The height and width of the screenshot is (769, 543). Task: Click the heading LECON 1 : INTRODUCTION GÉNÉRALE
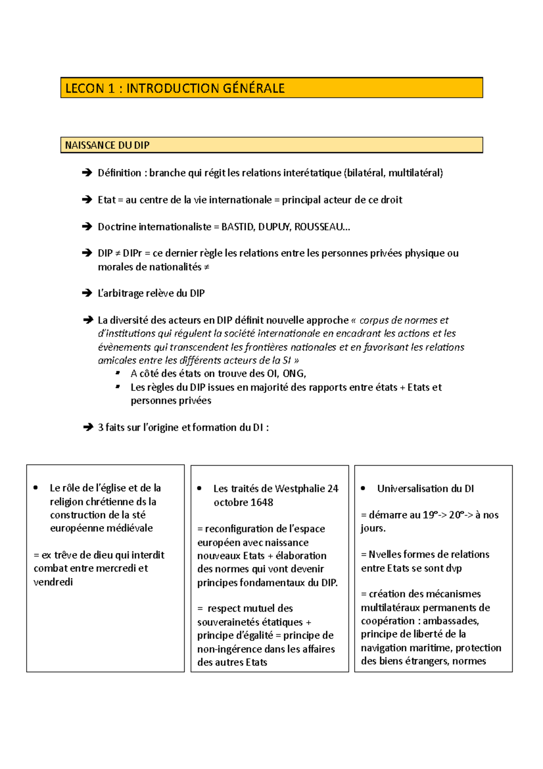coord(175,88)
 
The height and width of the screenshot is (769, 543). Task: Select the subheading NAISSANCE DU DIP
coord(107,145)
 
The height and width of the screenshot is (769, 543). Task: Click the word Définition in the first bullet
coord(119,173)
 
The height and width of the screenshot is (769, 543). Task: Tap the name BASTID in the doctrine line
coord(238,227)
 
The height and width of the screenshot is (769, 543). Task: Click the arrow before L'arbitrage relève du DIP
coord(87,293)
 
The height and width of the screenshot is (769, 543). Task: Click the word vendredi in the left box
coord(53,582)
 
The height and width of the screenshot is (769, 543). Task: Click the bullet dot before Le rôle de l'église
coord(36,488)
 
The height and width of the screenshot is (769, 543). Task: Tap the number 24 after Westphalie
coord(333,489)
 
